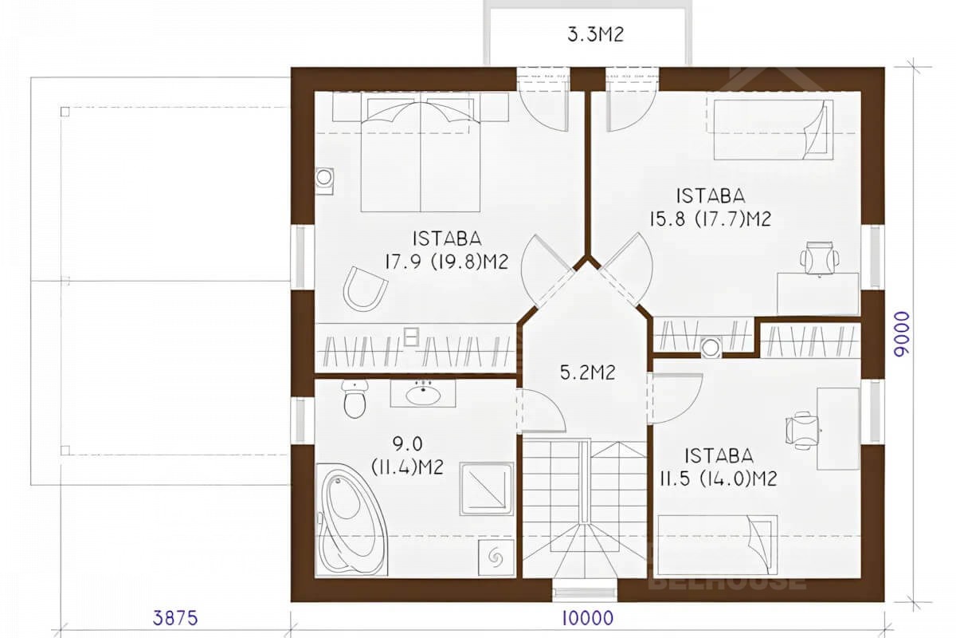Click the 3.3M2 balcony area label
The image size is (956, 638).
coord(595,34)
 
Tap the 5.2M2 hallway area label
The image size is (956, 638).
coord(588,372)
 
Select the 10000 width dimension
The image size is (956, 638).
coord(588,618)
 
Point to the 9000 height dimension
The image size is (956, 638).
coord(902,333)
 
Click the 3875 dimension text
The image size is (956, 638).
coord(175,618)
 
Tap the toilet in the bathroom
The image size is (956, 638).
coord(355,399)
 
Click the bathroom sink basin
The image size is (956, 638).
coord(423,395)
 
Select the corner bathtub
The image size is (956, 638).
coord(351,520)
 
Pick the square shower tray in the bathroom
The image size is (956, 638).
coord(487,489)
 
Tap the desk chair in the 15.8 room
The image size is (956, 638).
coord(820,258)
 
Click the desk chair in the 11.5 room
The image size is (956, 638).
coord(802,431)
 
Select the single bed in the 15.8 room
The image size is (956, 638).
coord(774,130)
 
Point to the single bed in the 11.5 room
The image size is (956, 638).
coord(718,545)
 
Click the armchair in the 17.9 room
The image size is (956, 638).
coord(366,289)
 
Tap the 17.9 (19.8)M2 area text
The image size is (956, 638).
coord(447,261)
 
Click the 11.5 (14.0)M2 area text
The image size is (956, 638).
coord(719,478)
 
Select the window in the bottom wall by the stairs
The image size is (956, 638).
coord(585,593)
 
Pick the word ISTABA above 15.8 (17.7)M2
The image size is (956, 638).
coord(711,195)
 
